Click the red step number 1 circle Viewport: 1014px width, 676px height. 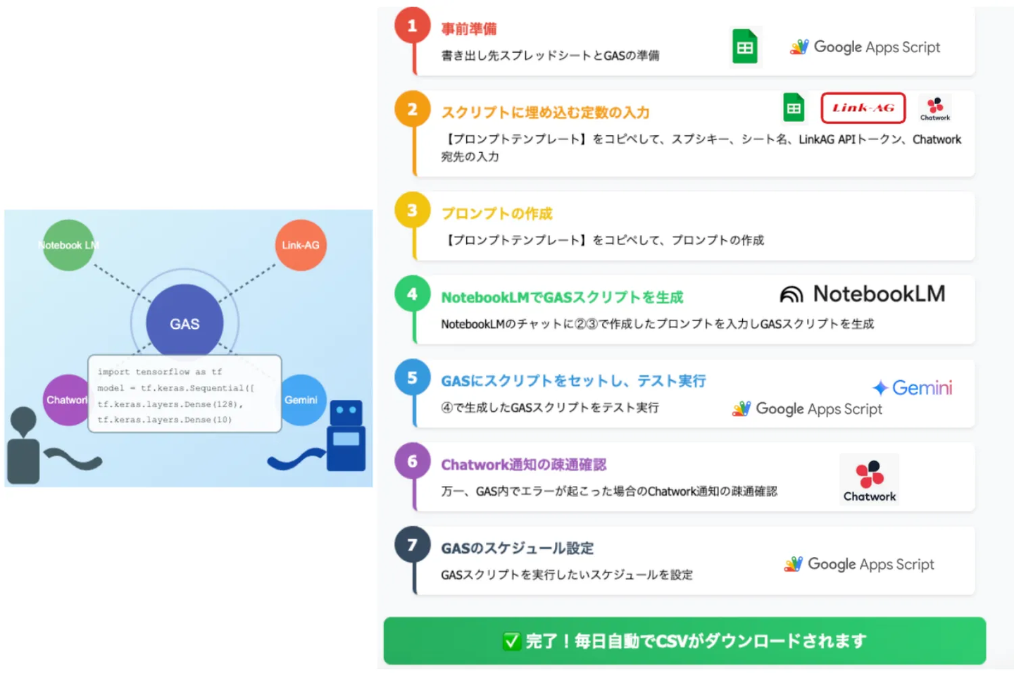pos(412,25)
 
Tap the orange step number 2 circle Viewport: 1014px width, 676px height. pos(412,109)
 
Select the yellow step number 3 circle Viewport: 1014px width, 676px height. pos(412,210)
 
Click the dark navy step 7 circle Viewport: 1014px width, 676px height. pos(412,544)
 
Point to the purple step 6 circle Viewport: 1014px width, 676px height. pos(412,461)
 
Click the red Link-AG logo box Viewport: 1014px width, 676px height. pos(863,108)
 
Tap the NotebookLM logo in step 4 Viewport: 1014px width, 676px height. pos(863,294)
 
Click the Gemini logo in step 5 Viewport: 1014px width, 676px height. pos(912,387)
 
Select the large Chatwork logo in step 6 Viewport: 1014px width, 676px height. pos(869,479)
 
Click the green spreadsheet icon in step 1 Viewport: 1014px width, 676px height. pos(745,46)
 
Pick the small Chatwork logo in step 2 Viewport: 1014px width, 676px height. pos(935,108)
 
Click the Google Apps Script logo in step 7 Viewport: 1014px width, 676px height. pos(859,564)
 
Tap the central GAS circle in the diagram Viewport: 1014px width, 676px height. pos(184,323)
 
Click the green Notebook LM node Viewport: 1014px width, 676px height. pos(68,245)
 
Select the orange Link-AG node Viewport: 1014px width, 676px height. pos(301,245)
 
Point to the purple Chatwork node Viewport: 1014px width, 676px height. pos(66,400)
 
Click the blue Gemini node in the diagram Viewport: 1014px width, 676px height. pos(302,400)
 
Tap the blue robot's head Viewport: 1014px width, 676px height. pos(346,412)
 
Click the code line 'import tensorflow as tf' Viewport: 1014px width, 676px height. pos(160,372)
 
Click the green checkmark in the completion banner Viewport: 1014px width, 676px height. pos(511,641)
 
